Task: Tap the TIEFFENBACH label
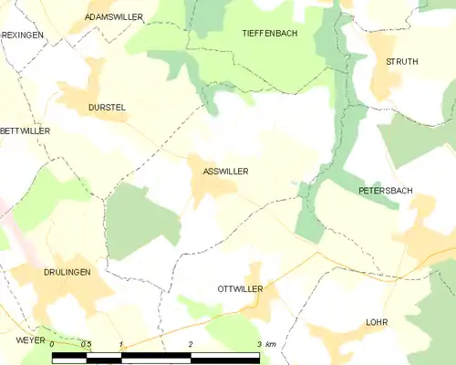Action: [x=269, y=33]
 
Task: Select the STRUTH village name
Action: [x=401, y=62]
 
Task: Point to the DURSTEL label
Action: [x=106, y=108]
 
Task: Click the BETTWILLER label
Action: [x=25, y=131]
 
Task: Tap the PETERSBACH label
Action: [x=385, y=191]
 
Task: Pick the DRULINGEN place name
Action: [x=67, y=273]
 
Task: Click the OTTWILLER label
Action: [x=240, y=288]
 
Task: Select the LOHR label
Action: [x=377, y=323]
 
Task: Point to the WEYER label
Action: [x=29, y=339]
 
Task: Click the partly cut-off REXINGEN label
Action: [x=22, y=34]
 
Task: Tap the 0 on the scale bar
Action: [x=53, y=344]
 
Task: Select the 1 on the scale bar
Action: [x=120, y=344]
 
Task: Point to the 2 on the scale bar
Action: [x=190, y=344]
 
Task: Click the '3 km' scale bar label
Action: [x=265, y=344]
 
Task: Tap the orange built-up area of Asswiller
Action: [x=211, y=186]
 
